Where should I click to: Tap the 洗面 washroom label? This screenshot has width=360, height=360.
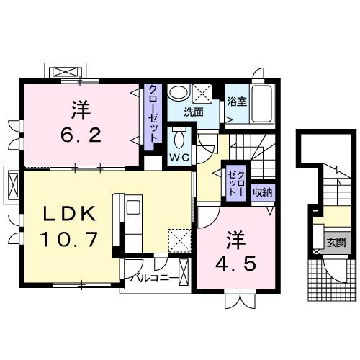pyautogui.click(x=192, y=112)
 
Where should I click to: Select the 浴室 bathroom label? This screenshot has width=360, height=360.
pyautogui.click(x=237, y=102)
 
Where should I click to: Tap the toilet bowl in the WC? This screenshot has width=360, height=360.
pyautogui.click(x=180, y=138)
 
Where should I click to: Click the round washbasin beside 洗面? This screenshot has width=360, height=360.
pyautogui.click(x=176, y=94)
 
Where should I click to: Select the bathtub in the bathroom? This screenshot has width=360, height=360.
pyautogui.click(x=262, y=104)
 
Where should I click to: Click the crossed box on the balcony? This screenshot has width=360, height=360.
pyautogui.click(x=183, y=273)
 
